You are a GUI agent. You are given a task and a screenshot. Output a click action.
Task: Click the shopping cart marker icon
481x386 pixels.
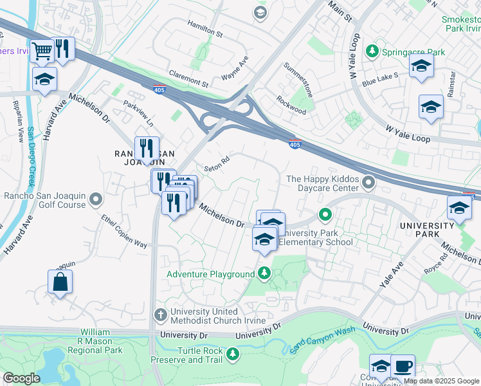(42, 50)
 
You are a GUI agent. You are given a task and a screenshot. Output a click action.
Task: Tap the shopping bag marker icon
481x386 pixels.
(60, 282)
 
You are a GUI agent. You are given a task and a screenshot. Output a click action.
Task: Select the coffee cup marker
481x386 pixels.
(403, 367)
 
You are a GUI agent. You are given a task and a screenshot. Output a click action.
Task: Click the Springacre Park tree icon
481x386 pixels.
(371, 50)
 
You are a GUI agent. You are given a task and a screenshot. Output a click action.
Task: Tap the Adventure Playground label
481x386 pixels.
(211, 274)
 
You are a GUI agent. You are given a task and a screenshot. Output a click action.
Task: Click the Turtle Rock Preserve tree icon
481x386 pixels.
(232, 353)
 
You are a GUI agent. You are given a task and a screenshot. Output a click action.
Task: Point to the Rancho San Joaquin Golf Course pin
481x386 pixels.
(96, 199)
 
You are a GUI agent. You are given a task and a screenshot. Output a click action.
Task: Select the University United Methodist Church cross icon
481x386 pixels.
(161, 315)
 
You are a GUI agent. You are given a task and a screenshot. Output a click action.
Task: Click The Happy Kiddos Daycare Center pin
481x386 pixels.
(368, 184)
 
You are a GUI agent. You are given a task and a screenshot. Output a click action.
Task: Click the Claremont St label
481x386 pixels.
(188, 79)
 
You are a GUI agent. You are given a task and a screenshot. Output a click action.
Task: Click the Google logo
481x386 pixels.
(21, 378)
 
